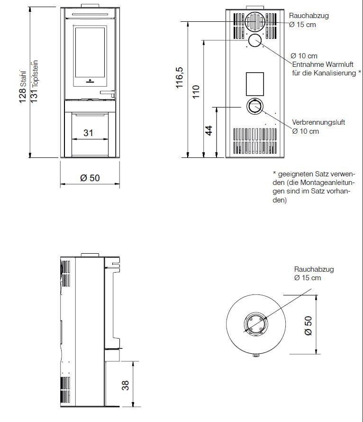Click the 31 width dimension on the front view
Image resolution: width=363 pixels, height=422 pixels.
88,133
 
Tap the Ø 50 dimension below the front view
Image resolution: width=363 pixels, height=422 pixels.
90,178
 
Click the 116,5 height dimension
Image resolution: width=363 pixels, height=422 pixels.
179,79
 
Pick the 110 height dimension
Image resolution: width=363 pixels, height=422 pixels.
196,91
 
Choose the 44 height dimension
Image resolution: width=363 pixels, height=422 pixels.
209,130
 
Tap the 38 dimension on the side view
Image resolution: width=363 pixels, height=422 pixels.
126,385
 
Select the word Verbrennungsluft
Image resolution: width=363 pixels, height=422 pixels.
318,122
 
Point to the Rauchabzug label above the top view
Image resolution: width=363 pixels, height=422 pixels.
314,269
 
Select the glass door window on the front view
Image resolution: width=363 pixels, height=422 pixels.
90,52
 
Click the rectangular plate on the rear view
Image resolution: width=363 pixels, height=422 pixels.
255,83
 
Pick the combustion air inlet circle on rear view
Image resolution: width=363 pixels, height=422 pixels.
254,106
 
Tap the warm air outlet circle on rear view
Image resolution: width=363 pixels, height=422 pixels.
255,40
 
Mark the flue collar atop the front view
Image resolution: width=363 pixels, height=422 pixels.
90,5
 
